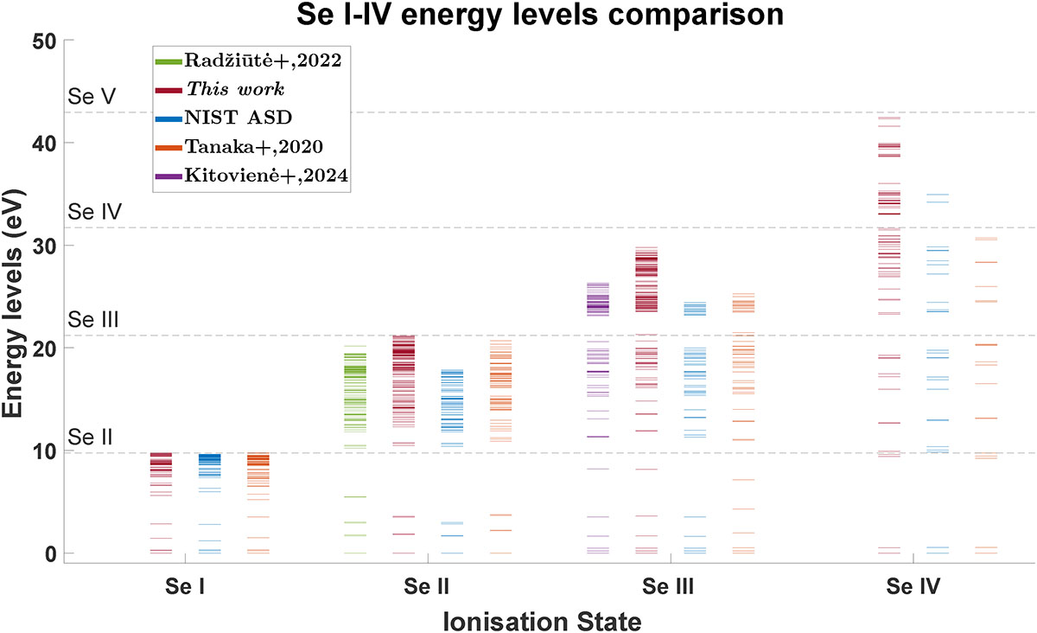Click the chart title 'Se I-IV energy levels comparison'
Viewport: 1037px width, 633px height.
(x=540, y=15)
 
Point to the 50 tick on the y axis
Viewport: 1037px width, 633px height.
(x=44, y=42)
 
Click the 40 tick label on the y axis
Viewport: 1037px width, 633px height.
(x=44, y=144)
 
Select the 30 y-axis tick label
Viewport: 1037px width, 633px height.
(x=44, y=246)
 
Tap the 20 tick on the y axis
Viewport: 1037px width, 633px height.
(x=44, y=348)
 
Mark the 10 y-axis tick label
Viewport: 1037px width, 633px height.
(x=44, y=451)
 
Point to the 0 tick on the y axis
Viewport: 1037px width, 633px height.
(x=51, y=554)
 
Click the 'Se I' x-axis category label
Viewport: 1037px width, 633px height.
(x=185, y=586)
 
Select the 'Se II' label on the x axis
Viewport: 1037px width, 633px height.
(x=426, y=586)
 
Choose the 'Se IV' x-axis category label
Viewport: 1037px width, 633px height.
(x=913, y=586)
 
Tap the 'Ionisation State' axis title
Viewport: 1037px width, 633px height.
(x=542, y=622)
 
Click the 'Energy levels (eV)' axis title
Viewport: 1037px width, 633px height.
(x=12, y=304)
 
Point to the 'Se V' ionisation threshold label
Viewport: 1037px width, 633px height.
(x=92, y=96)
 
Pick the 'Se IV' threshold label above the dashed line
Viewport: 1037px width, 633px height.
(x=94, y=212)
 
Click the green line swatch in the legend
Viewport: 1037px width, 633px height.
(x=169, y=61)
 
